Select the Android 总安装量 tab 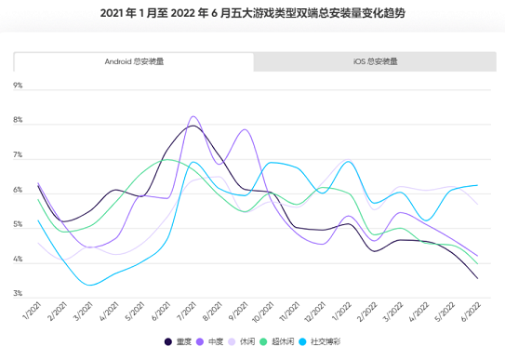[x=134, y=61]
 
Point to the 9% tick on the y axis [x=18, y=86]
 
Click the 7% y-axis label [x=18, y=156]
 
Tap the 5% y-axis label [x=18, y=226]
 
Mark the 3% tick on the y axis [x=18, y=295]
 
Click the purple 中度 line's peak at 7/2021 [x=193, y=117]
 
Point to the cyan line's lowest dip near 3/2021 [x=90, y=285]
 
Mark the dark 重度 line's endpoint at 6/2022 [x=478, y=278]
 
